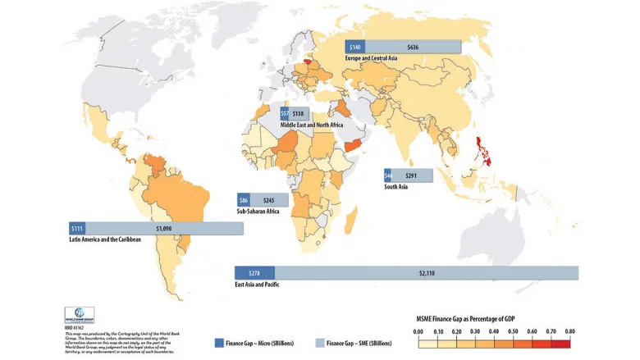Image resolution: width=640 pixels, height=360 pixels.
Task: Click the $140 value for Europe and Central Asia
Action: click(355, 48)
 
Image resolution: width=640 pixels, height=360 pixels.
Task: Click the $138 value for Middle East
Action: click(298, 113)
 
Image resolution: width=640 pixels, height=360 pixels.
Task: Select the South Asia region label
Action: click(397, 187)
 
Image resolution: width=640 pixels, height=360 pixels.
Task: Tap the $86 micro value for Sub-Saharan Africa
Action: click(244, 200)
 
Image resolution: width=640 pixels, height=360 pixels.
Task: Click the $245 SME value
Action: click(269, 200)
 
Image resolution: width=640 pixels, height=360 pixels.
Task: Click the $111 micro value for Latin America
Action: click(78, 228)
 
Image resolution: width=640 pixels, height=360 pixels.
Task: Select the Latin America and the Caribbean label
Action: click(106, 239)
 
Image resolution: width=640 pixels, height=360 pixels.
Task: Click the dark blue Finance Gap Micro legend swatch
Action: click(219, 343)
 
